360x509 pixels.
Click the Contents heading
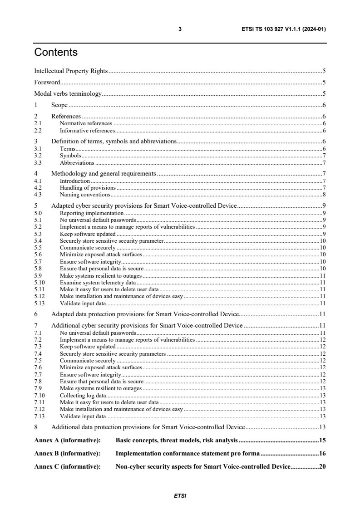tap(56, 52)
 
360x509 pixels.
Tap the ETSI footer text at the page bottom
tap(180, 495)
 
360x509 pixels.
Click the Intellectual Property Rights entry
tap(71, 71)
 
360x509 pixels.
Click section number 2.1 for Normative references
tap(38, 123)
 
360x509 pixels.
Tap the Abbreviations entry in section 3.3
tap(77, 162)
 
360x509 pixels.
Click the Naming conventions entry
tap(85, 195)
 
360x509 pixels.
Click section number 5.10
tap(39, 282)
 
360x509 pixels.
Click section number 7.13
tap(39, 416)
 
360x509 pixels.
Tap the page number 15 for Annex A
tap(322, 440)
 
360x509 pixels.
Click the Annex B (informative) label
tap(67, 453)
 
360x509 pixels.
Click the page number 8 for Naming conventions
tap(324, 195)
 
